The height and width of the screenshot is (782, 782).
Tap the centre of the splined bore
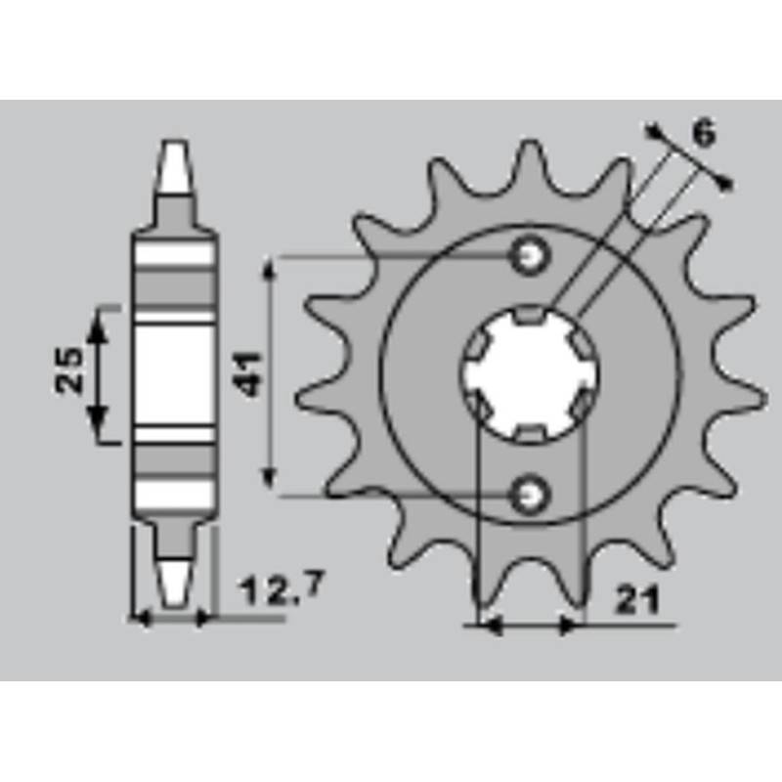[x=529, y=373]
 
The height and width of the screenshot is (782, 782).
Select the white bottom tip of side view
[x=173, y=583]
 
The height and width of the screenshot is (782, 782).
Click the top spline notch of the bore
[x=530, y=314]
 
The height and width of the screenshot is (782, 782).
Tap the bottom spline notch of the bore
[x=529, y=433]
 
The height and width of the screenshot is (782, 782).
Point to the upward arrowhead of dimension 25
[x=97, y=323]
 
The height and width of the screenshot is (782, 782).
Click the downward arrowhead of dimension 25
[x=97, y=426]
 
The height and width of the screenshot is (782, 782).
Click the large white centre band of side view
[x=174, y=373]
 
